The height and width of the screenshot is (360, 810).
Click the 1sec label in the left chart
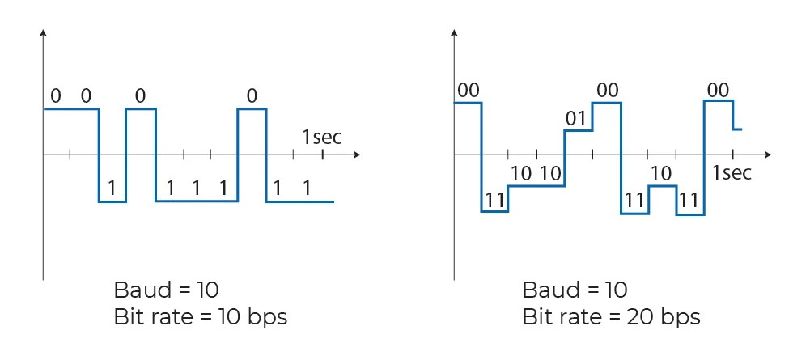click(x=322, y=137)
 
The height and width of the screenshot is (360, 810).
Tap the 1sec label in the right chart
click(x=732, y=172)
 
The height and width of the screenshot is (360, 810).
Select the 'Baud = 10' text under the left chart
click(x=167, y=290)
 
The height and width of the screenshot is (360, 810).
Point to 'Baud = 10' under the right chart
click(x=575, y=290)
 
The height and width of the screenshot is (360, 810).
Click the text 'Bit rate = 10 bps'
click(x=201, y=316)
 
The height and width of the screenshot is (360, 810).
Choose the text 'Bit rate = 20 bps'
click(x=612, y=316)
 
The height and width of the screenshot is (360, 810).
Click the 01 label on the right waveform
click(x=575, y=119)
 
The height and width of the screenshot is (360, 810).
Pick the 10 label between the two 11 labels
click(x=661, y=172)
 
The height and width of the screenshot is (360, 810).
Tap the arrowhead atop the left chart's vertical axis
click(x=43, y=34)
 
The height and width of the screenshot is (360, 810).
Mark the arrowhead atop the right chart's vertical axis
click(x=454, y=34)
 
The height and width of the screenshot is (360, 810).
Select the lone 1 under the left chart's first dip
click(x=112, y=188)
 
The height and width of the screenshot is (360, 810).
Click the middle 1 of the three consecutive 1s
click(x=196, y=188)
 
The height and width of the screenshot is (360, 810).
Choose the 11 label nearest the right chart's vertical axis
click(x=494, y=199)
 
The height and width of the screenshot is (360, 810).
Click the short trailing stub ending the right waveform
click(x=737, y=129)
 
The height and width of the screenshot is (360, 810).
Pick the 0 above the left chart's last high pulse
click(x=252, y=96)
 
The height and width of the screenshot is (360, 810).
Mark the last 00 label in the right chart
click(x=718, y=90)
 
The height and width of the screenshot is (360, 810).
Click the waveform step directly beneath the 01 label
click(x=578, y=130)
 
